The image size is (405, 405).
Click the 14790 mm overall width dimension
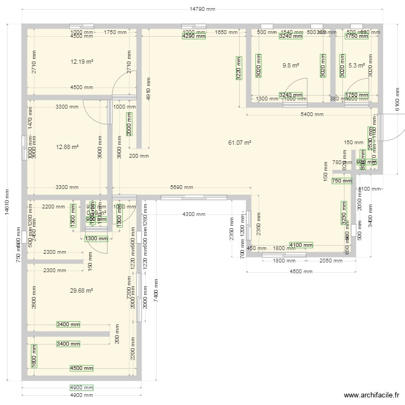(x=202, y=9)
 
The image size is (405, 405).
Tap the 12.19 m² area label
(x=82, y=62)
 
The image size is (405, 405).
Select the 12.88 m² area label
(x=67, y=146)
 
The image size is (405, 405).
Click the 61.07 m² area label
(x=240, y=143)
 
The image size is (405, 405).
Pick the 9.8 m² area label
(x=291, y=65)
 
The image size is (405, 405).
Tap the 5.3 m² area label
(x=356, y=65)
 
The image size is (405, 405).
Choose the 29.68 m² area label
(x=82, y=291)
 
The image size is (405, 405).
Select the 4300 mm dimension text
(x=194, y=214)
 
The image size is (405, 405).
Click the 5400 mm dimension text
(x=312, y=114)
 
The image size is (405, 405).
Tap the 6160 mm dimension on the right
(x=397, y=100)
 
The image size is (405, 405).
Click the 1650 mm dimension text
(x=226, y=32)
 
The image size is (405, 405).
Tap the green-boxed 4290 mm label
(x=194, y=36)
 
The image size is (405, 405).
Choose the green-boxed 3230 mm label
(x=343, y=213)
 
